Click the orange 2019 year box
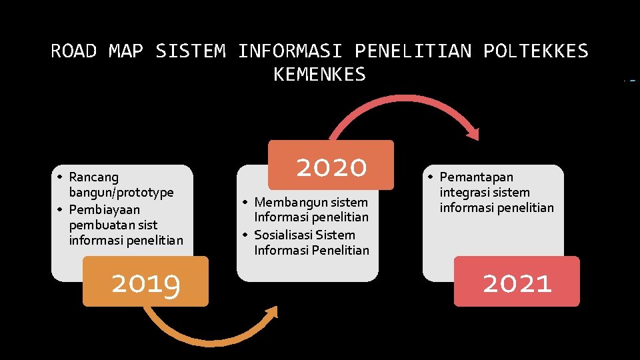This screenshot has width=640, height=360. click(x=145, y=282)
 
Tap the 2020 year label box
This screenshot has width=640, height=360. click(x=331, y=165)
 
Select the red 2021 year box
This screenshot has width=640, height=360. click(x=517, y=282)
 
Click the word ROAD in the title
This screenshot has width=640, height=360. click(x=73, y=51)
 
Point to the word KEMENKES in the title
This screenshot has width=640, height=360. click(x=319, y=75)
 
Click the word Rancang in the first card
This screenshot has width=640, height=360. click(x=93, y=177)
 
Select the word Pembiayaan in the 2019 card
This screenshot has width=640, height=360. click(x=104, y=209)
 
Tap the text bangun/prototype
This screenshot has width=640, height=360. click(x=121, y=193)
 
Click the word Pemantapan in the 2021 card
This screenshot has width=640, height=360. click(x=476, y=177)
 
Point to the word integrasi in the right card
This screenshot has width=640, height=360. click(x=465, y=193)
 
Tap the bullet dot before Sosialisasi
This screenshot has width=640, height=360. click(x=245, y=235)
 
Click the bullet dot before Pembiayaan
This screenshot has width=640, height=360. click(x=59, y=209)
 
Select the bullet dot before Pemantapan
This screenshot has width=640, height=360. click(x=431, y=177)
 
